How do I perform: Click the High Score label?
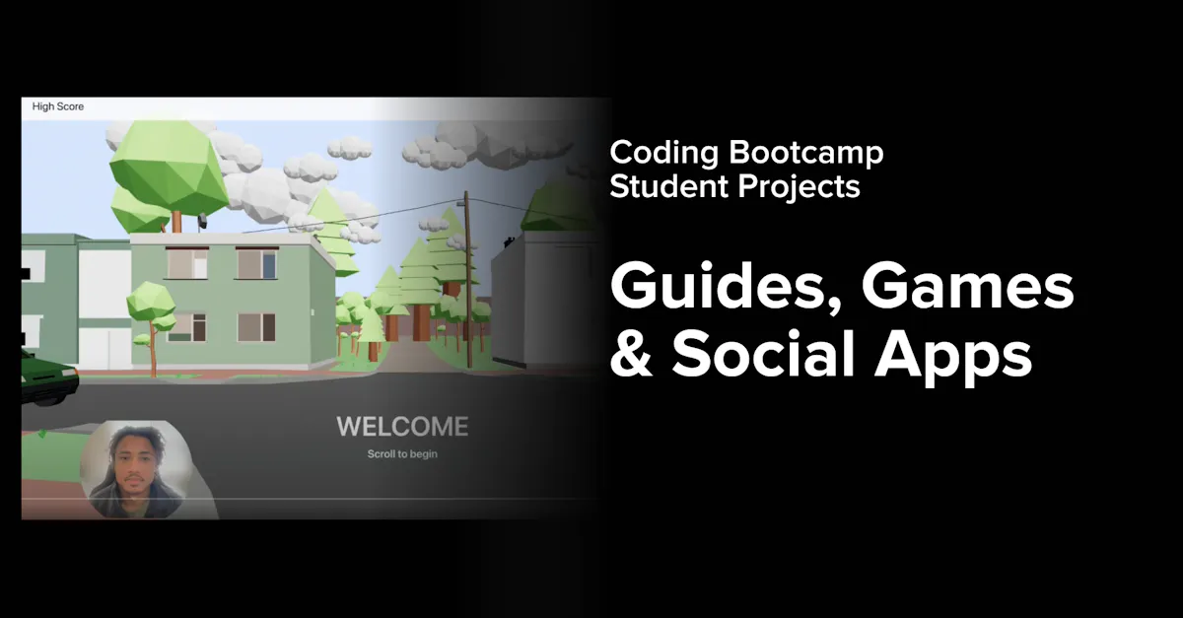[x=58, y=106]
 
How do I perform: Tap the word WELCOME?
[x=402, y=427]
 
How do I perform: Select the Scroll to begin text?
[x=402, y=453]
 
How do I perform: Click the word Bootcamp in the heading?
[x=806, y=153]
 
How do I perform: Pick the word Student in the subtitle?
[x=669, y=186]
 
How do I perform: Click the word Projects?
[x=799, y=187]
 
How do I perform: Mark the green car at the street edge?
[x=49, y=378]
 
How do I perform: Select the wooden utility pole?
[x=467, y=279]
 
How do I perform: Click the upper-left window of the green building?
[x=187, y=262]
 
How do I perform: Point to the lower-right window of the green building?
[x=256, y=327]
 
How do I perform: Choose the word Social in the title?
[x=763, y=354]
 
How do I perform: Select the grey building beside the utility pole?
[x=544, y=300]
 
